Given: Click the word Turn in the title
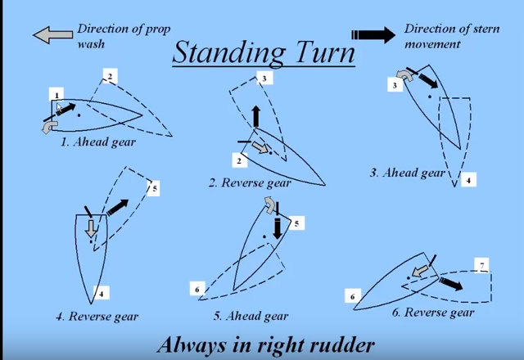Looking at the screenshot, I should pyautogui.click(x=325, y=54).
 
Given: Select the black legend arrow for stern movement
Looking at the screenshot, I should pyautogui.click(x=373, y=34).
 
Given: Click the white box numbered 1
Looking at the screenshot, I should pyautogui.click(x=57, y=95).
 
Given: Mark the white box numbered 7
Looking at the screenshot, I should pyautogui.click(x=483, y=265).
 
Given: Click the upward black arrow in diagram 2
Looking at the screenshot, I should pyautogui.click(x=255, y=116).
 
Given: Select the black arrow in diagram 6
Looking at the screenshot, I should pyautogui.click(x=446, y=283).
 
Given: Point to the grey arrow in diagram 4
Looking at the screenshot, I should pyautogui.click(x=92, y=232).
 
